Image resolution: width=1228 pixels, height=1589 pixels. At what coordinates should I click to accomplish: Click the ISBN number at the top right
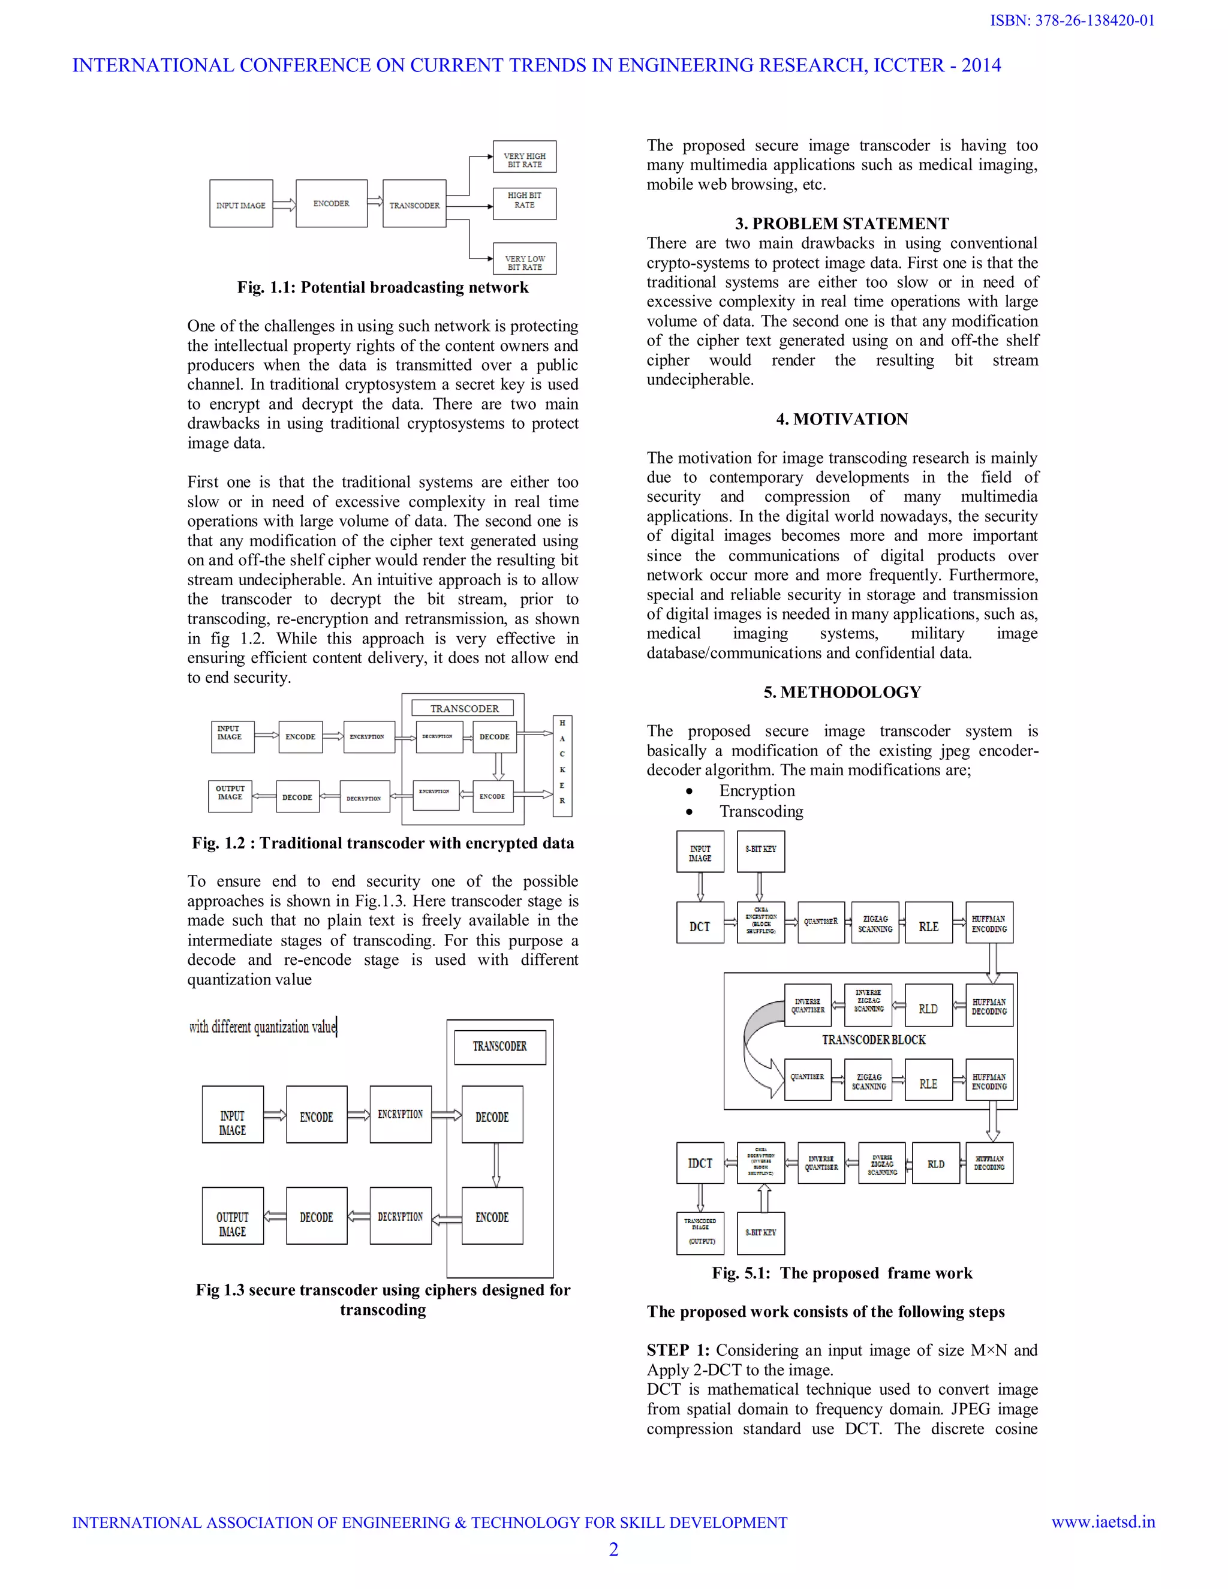pyautogui.click(x=1072, y=20)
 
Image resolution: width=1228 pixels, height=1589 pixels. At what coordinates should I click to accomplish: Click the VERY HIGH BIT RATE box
pyautogui.click(x=525, y=157)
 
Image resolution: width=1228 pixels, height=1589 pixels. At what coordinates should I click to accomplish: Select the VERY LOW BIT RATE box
pyautogui.click(x=525, y=259)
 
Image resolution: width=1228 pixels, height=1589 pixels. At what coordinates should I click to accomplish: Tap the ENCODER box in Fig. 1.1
pyautogui.click(x=331, y=204)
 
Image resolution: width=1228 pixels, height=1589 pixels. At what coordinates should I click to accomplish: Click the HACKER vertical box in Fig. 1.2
pyautogui.click(x=562, y=762)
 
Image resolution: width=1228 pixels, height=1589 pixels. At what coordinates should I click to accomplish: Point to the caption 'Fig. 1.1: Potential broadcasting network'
pyautogui.click(x=383, y=287)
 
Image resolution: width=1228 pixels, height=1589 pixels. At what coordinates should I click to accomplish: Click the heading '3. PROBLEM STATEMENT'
pyautogui.click(x=842, y=224)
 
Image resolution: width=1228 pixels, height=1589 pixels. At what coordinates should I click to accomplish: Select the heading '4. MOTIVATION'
pyautogui.click(x=842, y=419)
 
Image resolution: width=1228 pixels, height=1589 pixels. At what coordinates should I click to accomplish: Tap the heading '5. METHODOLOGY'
pyautogui.click(x=842, y=692)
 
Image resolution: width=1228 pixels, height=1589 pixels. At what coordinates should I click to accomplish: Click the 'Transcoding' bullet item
pyautogui.click(x=761, y=811)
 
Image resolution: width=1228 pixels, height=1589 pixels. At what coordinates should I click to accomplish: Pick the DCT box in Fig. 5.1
pyautogui.click(x=700, y=923)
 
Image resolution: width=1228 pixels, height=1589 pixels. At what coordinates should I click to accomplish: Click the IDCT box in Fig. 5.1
pyautogui.click(x=700, y=1163)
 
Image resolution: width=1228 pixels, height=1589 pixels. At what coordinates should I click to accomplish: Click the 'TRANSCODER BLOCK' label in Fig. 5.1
pyautogui.click(x=874, y=1040)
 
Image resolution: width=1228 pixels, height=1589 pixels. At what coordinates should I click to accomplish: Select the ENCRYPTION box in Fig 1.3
pyautogui.click(x=400, y=1115)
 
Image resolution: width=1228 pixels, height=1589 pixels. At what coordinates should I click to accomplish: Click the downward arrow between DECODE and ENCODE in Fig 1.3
pyautogui.click(x=496, y=1165)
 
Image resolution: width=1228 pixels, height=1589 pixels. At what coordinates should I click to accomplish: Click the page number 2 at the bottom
pyautogui.click(x=613, y=1549)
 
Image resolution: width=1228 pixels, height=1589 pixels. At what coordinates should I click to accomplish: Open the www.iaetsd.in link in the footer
pyautogui.click(x=1103, y=1522)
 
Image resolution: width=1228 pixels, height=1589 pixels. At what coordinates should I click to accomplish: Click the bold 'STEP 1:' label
pyautogui.click(x=678, y=1350)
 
